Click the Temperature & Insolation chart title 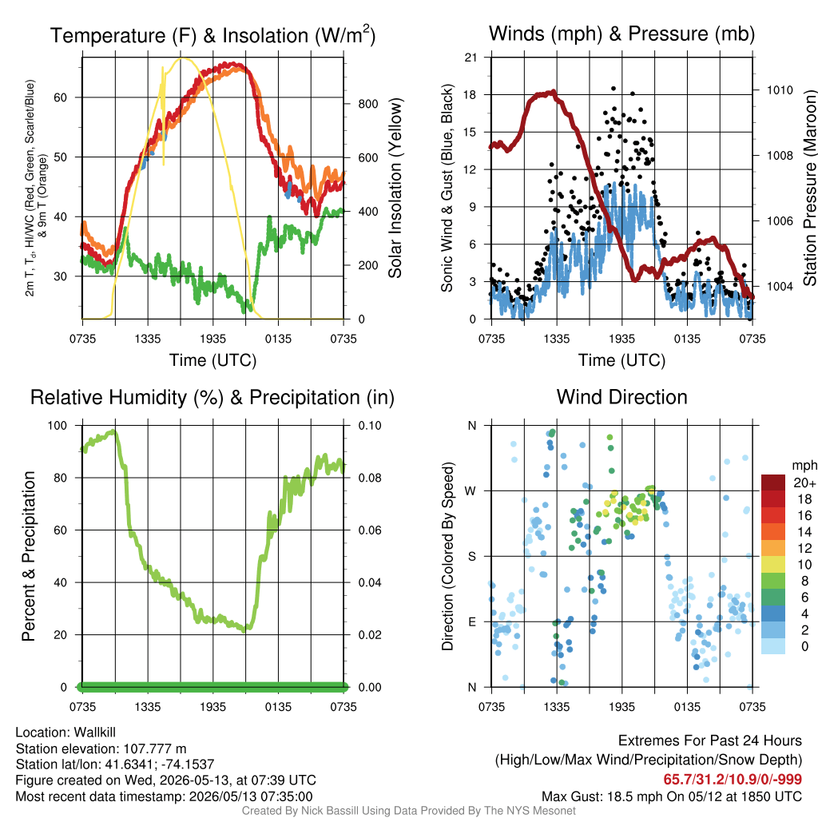(212, 35)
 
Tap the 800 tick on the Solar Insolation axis (368, 104)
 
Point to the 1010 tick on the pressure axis (780, 90)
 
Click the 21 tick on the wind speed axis (471, 58)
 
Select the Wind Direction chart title (621, 397)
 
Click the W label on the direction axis (471, 491)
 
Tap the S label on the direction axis (471, 556)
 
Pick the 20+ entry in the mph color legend (804, 482)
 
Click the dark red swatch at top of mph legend (773, 482)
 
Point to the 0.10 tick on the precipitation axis (370, 426)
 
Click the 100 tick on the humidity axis (58, 426)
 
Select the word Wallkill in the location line (94, 733)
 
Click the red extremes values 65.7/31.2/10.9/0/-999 (733, 780)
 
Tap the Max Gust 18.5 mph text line (671, 796)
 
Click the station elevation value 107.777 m (155, 749)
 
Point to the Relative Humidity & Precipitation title (212, 398)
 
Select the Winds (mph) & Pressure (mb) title (621, 34)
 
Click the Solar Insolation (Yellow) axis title (395, 188)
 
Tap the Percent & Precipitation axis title (29, 556)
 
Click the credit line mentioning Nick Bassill (408, 811)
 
